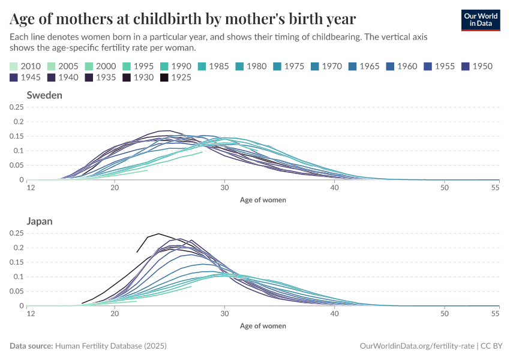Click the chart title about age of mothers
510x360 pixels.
pos(183,19)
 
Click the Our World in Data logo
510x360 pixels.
pos(481,20)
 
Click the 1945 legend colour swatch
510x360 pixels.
pos(14,77)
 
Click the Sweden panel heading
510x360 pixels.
pos(44,95)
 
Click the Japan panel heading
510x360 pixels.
pos(40,221)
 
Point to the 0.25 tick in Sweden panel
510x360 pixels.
pos(16,107)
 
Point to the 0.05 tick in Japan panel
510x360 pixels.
pos(16,291)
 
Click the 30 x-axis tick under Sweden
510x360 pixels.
pos(224,187)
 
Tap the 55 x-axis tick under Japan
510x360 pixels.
pos(495,313)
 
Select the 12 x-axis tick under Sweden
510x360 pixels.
pos(31,187)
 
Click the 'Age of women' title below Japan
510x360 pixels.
pos(263,326)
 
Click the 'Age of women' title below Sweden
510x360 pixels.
pos(263,200)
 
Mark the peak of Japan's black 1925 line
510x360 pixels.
pos(158,234)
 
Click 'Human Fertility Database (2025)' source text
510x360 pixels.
pos(110,346)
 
